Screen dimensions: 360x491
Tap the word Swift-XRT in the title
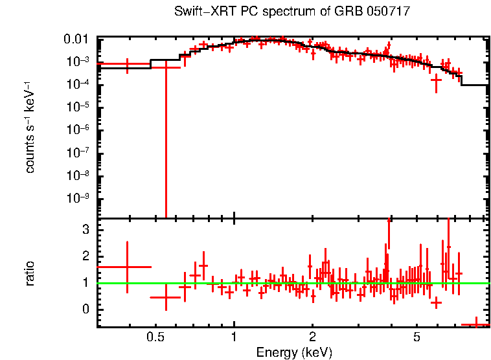coord(200,12)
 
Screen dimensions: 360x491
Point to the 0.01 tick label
coord(80,39)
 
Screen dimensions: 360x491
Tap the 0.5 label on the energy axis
coord(155,337)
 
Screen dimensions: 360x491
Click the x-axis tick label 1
coord(234,337)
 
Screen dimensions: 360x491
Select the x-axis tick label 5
coord(417,337)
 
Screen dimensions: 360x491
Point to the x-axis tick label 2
coord(312,337)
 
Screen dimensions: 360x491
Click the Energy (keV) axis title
coord(294,352)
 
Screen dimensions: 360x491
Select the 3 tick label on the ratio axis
coord(85,230)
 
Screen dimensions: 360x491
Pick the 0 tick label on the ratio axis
coord(85,309)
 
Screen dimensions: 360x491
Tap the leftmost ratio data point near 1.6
coord(127,267)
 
